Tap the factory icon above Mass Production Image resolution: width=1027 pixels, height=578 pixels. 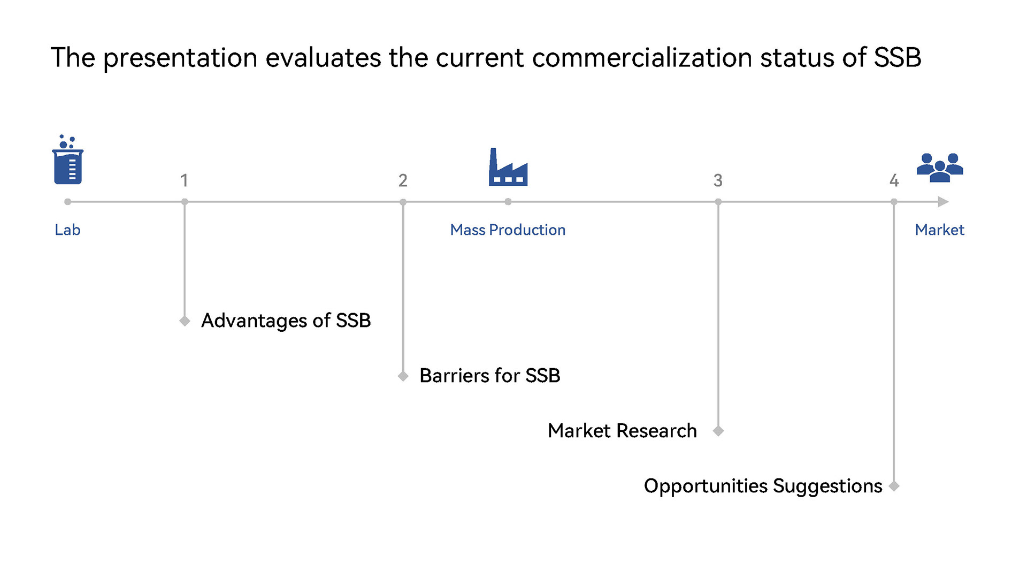[508, 167]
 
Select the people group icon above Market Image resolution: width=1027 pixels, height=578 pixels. [940, 168]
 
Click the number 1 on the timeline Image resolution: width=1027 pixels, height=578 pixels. [184, 180]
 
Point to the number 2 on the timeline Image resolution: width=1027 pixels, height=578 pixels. [403, 180]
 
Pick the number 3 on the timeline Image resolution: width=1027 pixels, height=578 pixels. [718, 180]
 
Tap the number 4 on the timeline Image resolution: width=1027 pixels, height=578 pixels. [894, 180]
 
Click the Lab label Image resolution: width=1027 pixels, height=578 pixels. [67, 230]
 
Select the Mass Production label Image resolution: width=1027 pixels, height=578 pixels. [508, 230]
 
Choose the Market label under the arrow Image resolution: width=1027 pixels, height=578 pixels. [939, 230]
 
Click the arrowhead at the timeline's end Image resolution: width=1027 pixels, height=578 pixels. [943, 202]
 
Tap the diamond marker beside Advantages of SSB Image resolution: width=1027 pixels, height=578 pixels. [185, 321]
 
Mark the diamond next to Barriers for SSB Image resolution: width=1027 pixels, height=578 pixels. [403, 376]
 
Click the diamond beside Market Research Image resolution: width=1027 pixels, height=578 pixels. [718, 431]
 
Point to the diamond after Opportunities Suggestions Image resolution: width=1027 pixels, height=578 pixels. [894, 486]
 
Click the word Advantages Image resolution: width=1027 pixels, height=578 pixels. [254, 321]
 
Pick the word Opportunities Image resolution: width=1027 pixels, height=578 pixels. [706, 486]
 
